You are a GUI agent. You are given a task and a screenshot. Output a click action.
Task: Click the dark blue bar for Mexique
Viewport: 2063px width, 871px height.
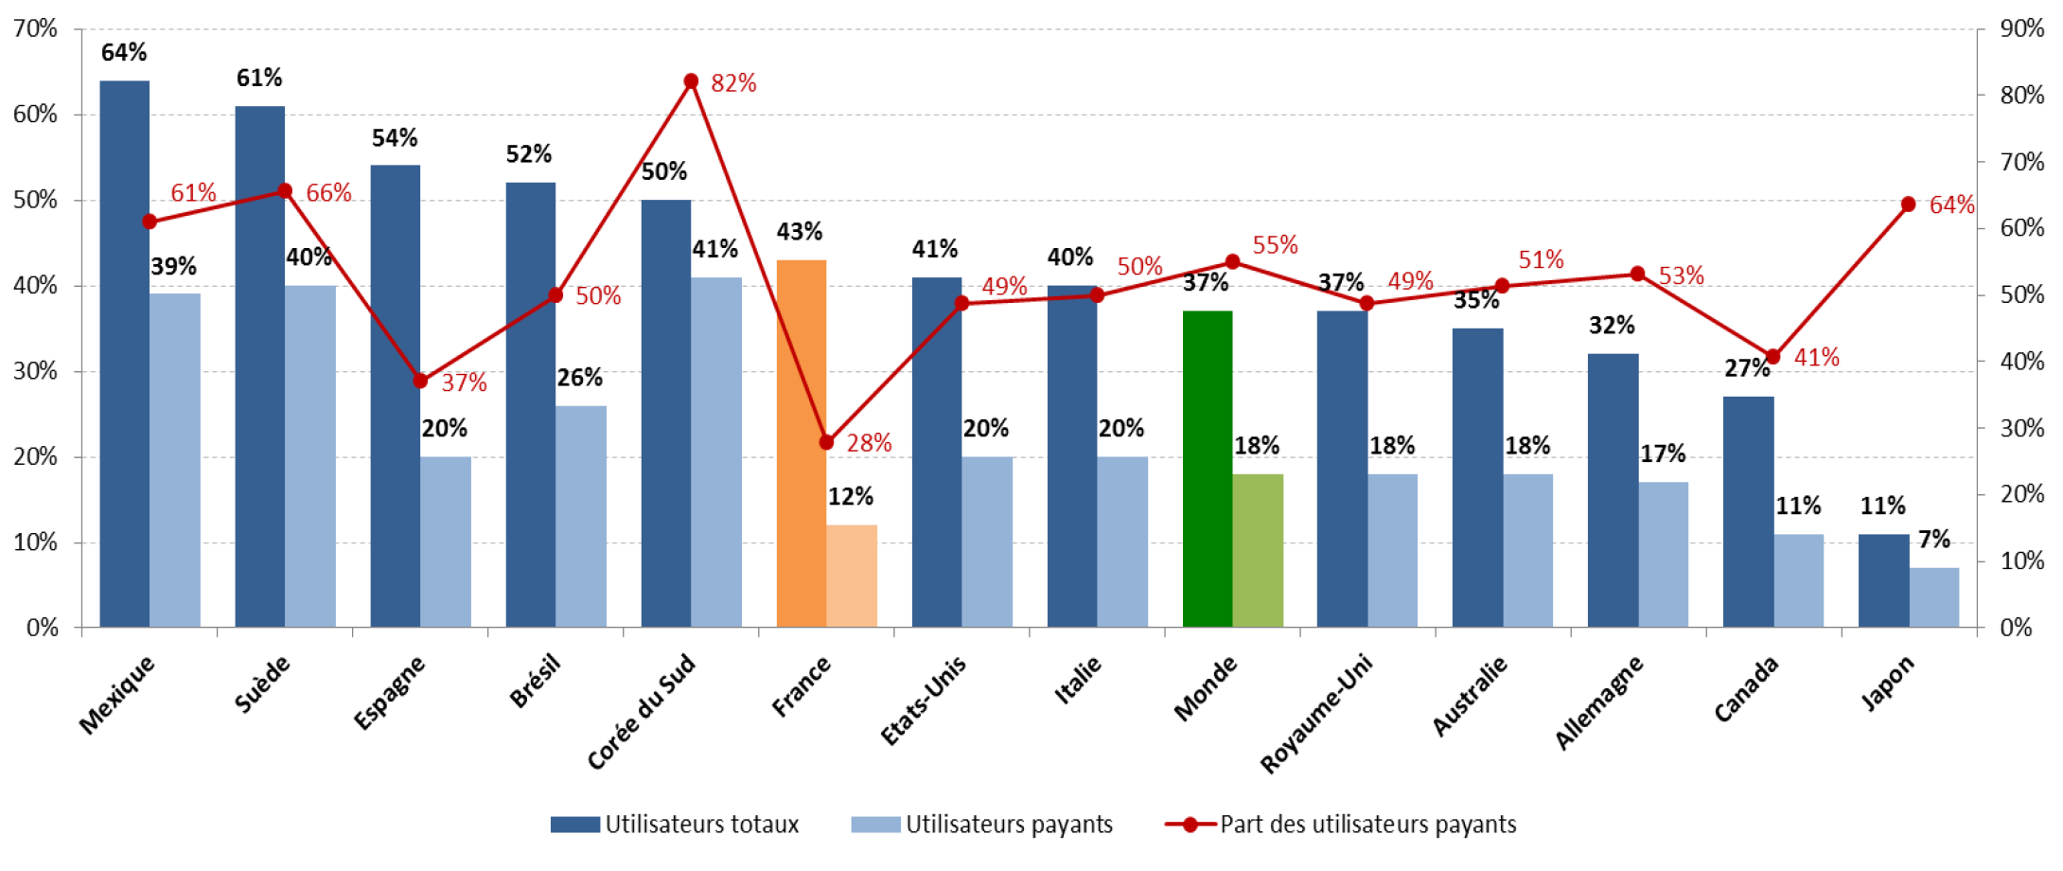pos(124,354)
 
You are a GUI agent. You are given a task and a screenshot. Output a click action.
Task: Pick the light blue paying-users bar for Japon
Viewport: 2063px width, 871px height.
pos(1933,597)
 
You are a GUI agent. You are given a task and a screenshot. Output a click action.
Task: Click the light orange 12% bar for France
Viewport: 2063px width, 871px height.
pos(851,576)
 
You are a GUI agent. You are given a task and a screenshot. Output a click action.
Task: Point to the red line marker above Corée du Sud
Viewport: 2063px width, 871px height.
pos(691,81)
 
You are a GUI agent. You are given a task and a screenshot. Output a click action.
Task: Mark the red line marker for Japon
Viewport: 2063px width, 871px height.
pos(1908,204)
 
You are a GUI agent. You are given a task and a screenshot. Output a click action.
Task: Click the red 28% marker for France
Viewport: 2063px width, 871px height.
pos(826,442)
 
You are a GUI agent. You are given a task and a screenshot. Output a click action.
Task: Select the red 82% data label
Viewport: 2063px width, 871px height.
pos(733,83)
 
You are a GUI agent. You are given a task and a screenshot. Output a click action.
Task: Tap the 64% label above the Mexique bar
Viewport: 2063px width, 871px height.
pos(124,53)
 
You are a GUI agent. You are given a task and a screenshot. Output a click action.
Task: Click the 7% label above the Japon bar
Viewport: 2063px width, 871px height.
pos(1933,540)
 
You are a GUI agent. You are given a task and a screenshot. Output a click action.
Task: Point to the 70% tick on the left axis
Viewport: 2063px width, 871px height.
pos(35,29)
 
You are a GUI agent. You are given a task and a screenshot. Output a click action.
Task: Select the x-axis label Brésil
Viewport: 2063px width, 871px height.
pos(535,682)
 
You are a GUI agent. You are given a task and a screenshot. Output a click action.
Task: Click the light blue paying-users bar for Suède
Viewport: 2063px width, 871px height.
pos(310,456)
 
